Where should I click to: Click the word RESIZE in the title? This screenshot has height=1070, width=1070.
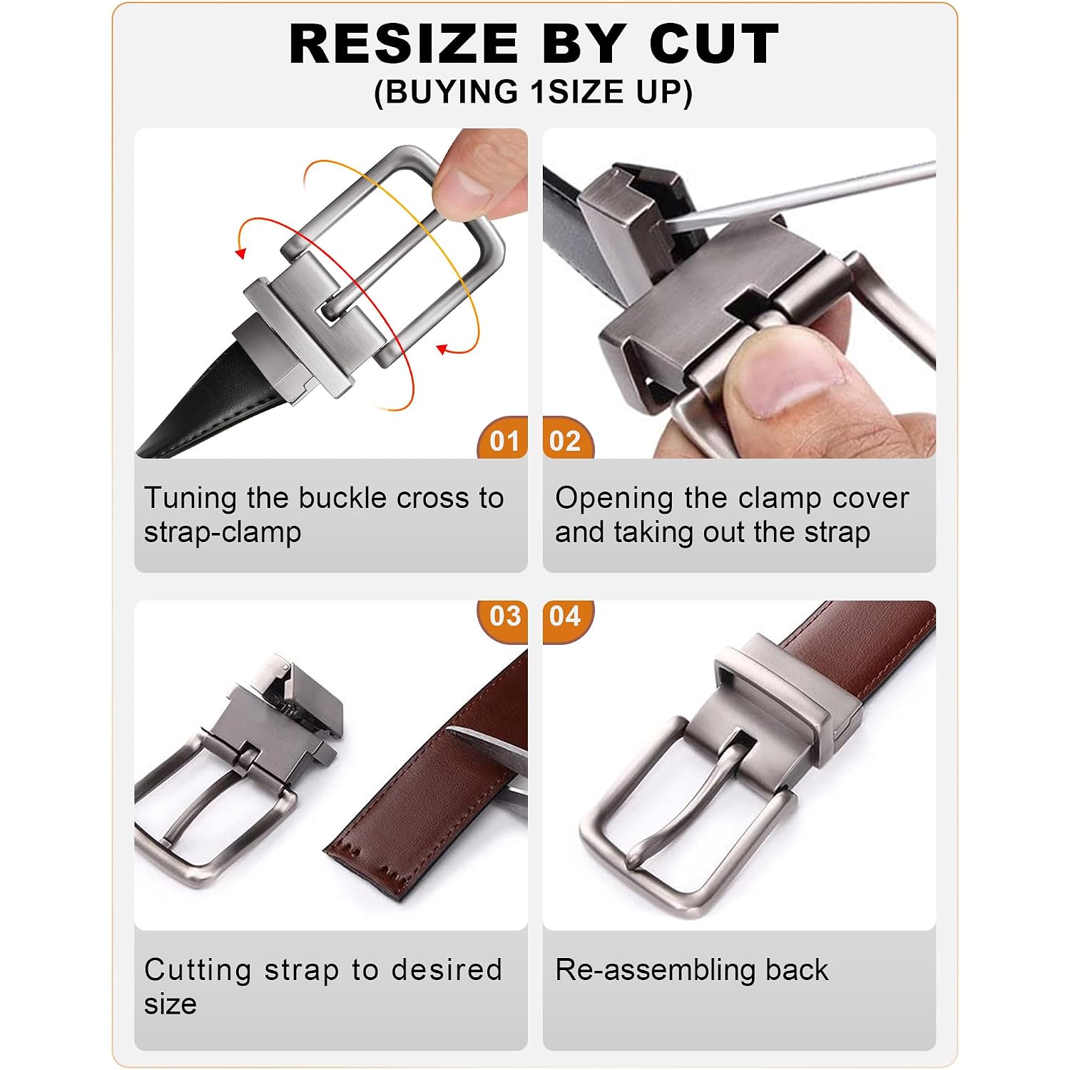pos(404,44)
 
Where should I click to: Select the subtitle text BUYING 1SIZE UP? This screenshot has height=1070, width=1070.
pos(533,92)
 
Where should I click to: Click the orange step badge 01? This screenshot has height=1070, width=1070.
pos(504,439)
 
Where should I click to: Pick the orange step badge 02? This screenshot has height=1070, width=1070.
pos(567,439)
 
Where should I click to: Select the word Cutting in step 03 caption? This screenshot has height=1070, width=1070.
pos(198,971)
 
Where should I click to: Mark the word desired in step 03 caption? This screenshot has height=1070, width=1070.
pos(447,969)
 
